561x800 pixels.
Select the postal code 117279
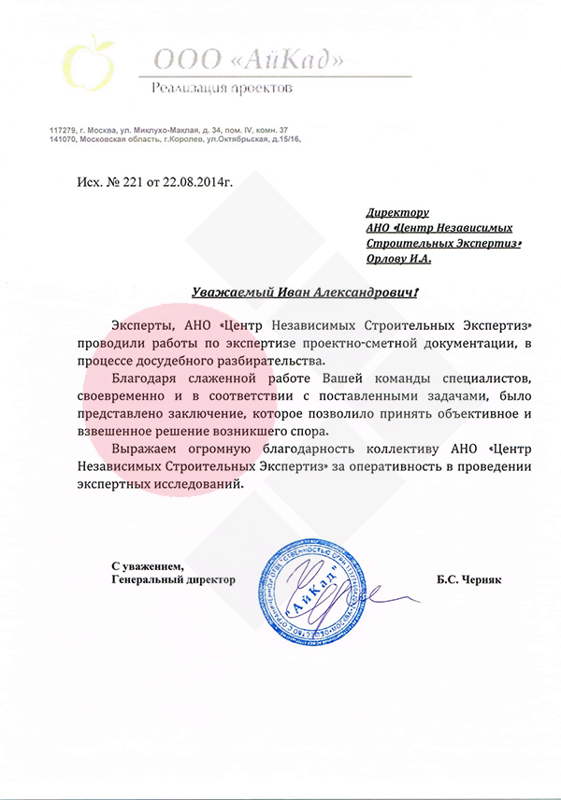pyautogui.click(x=64, y=129)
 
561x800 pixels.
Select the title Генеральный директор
pyautogui.click(x=173, y=579)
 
